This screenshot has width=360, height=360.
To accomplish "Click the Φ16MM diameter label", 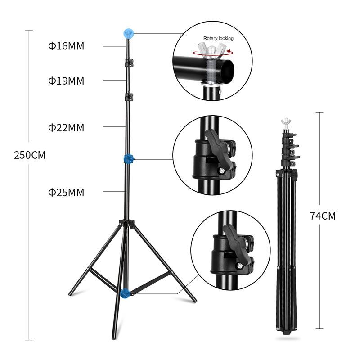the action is (66, 46).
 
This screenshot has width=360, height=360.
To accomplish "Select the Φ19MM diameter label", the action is (66, 81).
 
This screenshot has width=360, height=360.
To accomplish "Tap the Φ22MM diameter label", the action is (66, 128).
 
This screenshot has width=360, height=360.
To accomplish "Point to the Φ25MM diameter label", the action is (66, 193).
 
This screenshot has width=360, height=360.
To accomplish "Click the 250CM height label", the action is (30, 155).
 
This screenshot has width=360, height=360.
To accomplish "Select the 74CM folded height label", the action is (323, 216).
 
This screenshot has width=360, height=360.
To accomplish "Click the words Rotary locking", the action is (218, 38).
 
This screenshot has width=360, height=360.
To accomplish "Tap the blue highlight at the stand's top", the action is (129, 34).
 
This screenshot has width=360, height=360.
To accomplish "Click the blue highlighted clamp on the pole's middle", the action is (129, 159).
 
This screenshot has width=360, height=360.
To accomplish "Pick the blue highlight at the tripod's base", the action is (126, 294).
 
